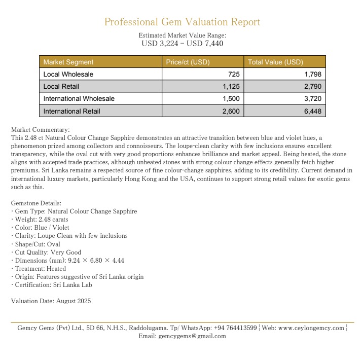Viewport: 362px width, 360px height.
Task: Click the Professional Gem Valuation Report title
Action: [182, 22]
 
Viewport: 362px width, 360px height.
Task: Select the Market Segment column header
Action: [68, 62]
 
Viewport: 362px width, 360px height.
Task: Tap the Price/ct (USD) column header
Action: [188, 62]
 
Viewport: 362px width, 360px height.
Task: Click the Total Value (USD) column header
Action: [275, 62]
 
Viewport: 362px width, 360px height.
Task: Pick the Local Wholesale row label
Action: [68, 75]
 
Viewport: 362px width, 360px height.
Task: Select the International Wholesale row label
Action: [79, 99]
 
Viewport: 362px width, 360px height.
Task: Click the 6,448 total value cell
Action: [312, 111]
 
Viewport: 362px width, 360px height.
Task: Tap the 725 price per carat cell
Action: [234, 75]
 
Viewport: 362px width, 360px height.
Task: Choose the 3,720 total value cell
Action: [312, 99]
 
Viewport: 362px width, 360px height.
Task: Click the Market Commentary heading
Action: [40, 130]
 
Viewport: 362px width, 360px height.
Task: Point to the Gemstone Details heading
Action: [36, 203]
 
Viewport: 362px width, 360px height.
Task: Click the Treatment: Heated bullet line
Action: [40, 269]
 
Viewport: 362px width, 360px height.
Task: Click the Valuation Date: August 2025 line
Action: [51, 301]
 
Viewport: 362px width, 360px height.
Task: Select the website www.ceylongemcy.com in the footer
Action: [311, 328]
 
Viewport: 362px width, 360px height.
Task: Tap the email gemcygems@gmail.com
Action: [192, 336]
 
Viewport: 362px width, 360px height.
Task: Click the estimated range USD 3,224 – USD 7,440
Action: [182, 44]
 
